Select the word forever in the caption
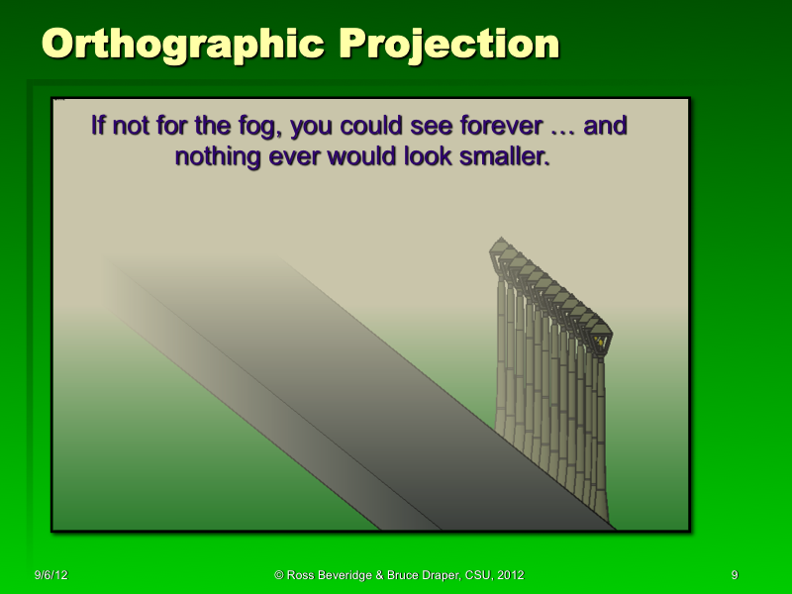click(x=468, y=128)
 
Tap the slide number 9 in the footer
click(x=734, y=575)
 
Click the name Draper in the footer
click(x=436, y=575)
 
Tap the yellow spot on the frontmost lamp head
click(x=599, y=340)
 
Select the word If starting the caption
click(x=97, y=128)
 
